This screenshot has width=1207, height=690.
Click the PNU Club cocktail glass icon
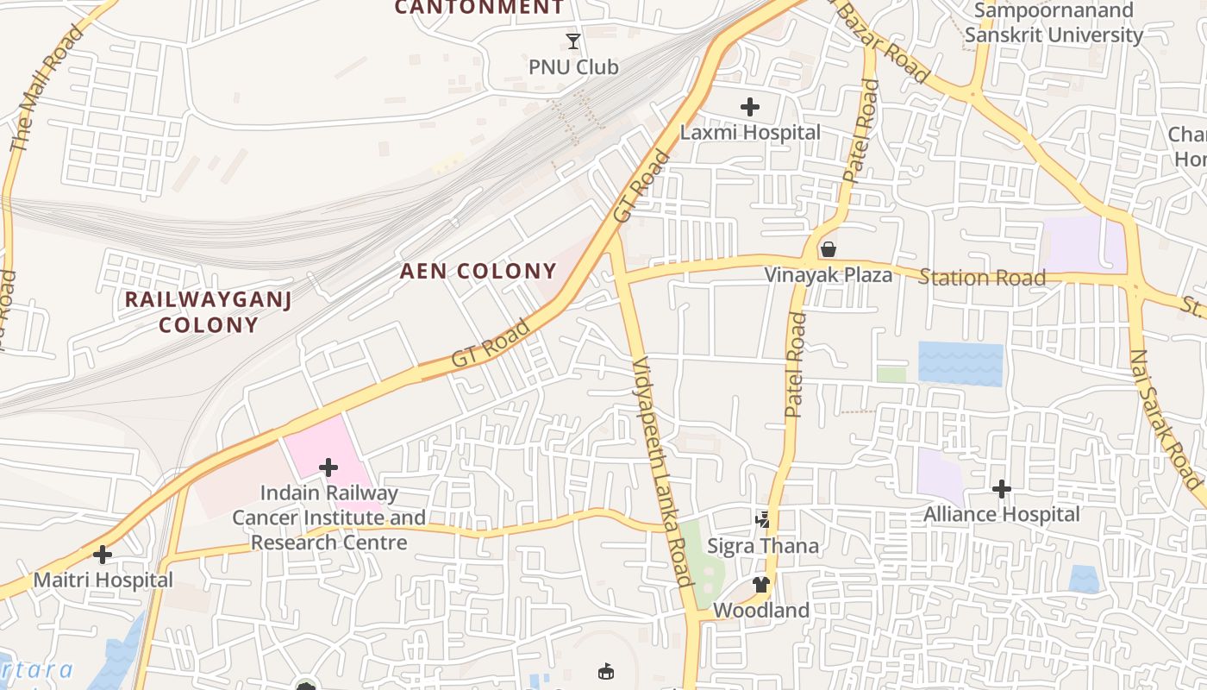(573, 41)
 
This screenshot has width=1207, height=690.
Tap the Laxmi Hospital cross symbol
(750, 107)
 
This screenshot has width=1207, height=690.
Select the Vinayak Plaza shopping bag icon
(829, 249)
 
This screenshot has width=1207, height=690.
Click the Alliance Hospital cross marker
(1001, 489)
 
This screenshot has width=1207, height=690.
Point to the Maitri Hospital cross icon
(103, 554)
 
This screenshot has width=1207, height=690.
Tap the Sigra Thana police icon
(762, 519)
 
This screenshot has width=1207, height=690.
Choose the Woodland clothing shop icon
(760, 584)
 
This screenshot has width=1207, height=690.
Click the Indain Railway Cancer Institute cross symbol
(328, 467)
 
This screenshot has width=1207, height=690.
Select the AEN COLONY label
(478, 271)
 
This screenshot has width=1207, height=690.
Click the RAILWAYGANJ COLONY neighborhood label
(208, 312)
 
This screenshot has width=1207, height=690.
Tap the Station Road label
(982, 278)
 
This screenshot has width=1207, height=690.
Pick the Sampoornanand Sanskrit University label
(1054, 23)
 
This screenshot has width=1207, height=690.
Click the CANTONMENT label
(479, 8)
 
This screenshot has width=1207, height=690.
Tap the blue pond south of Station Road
(960, 363)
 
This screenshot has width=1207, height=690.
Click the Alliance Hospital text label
(1001, 515)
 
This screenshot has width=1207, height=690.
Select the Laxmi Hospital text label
(750, 133)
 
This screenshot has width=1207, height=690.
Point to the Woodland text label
(760, 611)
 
